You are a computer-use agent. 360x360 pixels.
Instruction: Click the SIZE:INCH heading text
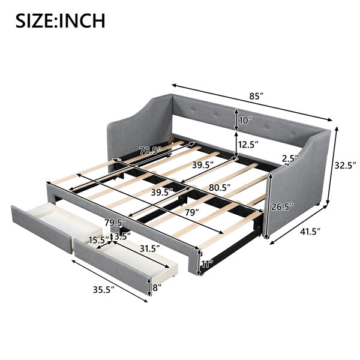[61, 20]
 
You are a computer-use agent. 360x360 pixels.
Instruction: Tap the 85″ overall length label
[256, 96]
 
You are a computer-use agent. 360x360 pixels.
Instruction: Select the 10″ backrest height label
[245, 120]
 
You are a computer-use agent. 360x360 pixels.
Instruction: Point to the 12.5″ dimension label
[248, 145]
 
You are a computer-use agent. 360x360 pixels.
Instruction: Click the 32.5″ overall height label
[345, 165]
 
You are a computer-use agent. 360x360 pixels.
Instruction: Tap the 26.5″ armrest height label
[282, 207]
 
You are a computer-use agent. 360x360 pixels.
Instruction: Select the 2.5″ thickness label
[290, 158]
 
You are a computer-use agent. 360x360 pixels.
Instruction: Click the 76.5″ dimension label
[151, 151]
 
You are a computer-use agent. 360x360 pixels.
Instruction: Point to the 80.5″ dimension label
[220, 188]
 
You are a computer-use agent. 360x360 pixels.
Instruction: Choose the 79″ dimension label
[192, 212]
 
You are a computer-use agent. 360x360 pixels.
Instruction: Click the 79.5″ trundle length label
[115, 223]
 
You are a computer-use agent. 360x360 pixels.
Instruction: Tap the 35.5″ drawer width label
[104, 290]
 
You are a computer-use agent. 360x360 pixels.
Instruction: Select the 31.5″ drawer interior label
[149, 248]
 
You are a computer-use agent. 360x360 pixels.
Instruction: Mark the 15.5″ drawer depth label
[99, 240]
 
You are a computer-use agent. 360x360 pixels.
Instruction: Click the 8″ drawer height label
[157, 287]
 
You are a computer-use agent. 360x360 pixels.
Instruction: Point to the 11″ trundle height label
[208, 264]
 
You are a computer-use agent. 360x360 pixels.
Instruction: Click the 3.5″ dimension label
[122, 236]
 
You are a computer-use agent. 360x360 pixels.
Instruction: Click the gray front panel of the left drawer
[41, 230]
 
